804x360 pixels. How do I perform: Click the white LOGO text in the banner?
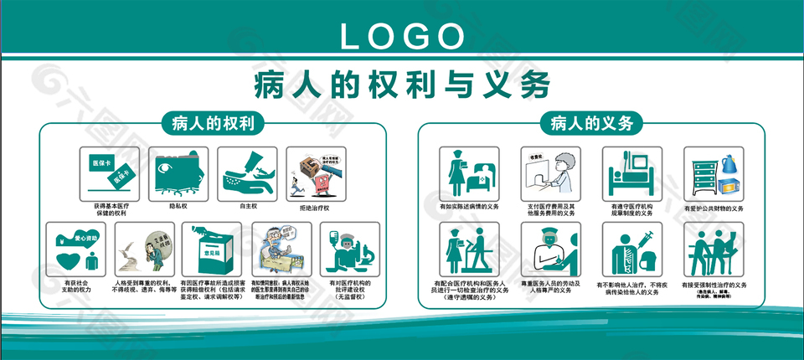tap(402, 34)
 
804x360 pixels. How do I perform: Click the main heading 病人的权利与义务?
tap(402, 85)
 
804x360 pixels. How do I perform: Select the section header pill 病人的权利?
tap(213, 124)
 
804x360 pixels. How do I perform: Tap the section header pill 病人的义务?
tap(591, 124)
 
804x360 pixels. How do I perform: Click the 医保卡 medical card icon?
tap(109, 172)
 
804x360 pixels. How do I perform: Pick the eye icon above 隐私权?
tap(178, 172)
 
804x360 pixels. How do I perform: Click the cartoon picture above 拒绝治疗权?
tap(315, 172)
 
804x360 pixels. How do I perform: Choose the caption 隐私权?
tap(178, 203)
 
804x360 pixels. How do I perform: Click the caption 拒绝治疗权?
tap(315, 207)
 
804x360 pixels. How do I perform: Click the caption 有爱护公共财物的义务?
tap(714, 207)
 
